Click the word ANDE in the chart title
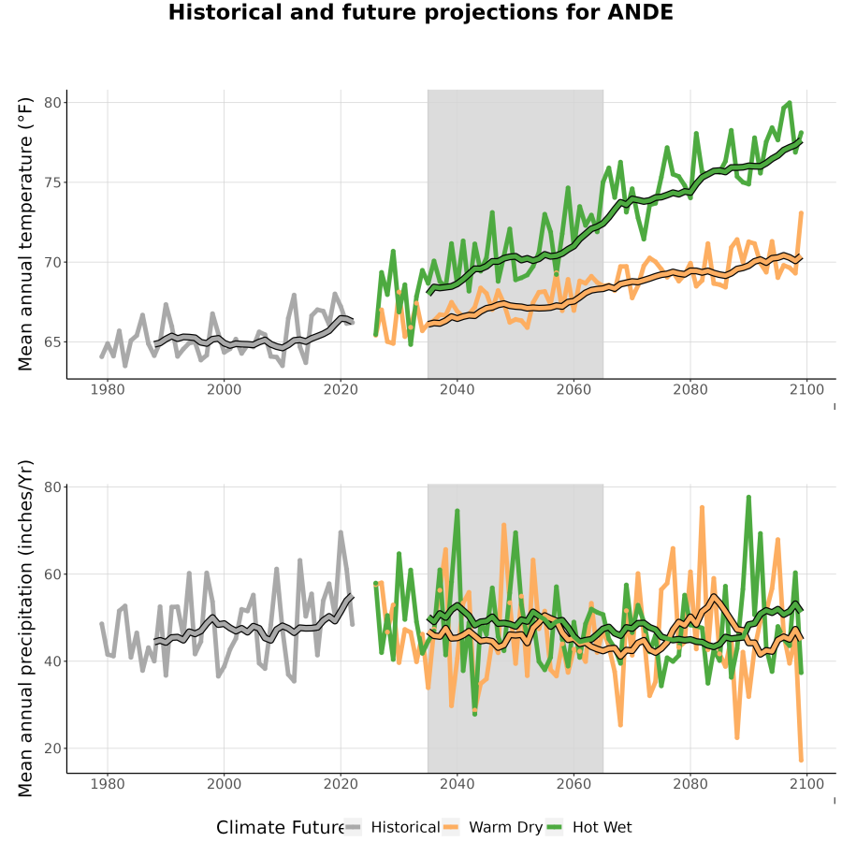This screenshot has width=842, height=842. click(x=640, y=12)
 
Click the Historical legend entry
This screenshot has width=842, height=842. click(x=392, y=827)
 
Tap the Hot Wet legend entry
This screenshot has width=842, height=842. click(x=589, y=827)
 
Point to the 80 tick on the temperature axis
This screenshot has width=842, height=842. click(x=52, y=103)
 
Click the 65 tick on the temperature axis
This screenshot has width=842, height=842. click(x=52, y=342)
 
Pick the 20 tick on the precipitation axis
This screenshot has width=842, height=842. click(x=52, y=748)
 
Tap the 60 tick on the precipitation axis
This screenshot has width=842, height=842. click(x=52, y=574)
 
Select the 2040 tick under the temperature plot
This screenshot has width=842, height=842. click(x=457, y=389)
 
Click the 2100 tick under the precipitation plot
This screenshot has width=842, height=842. click(x=806, y=783)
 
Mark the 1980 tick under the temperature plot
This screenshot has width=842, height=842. click(x=108, y=389)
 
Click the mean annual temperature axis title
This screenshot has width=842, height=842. click(x=25, y=234)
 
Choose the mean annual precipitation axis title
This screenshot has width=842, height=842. click(x=25, y=629)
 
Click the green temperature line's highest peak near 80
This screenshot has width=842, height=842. click(x=790, y=102)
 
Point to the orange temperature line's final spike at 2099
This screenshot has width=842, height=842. click(x=801, y=213)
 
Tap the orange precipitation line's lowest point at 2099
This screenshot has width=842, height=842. click(x=801, y=760)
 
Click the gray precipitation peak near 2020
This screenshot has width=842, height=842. click(x=341, y=532)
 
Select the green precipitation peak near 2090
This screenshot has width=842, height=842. click(x=748, y=498)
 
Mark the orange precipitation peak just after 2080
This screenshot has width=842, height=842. click(x=702, y=507)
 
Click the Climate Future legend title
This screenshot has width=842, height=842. click(x=280, y=828)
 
